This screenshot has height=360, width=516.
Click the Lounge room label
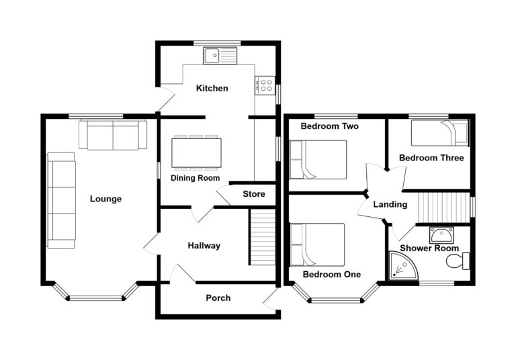[x=106, y=199]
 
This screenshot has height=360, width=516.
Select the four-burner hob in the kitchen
[x=264, y=85]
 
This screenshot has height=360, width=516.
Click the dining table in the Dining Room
[x=196, y=152]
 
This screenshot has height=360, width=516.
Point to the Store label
[x=254, y=194]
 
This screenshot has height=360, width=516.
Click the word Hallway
[x=204, y=246]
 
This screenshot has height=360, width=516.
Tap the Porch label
[x=218, y=298]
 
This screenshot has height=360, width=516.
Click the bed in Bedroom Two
[x=317, y=159]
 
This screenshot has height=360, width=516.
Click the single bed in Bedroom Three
[x=439, y=133]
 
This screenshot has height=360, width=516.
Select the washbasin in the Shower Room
[x=440, y=234]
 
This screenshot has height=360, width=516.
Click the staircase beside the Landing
[x=443, y=206]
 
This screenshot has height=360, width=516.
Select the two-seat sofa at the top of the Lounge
[x=113, y=135]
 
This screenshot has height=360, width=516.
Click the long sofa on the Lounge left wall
[x=61, y=199]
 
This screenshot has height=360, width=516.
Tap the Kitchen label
[x=212, y=88]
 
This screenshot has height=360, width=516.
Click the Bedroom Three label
[x=431, y=159]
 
